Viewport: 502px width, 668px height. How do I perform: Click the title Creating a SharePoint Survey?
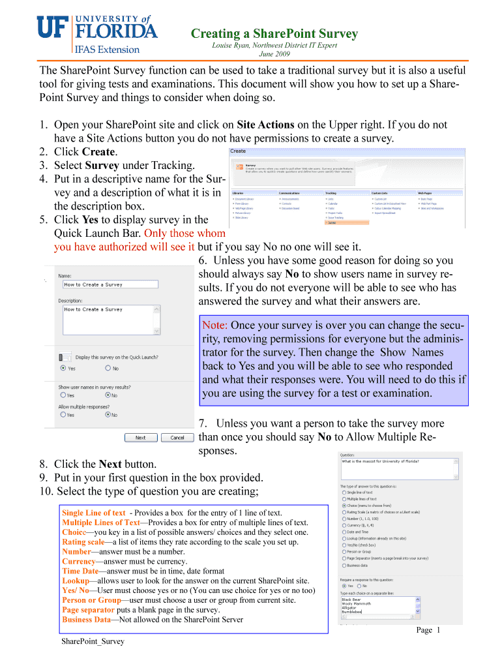pyautogui.click(x=274, y=33)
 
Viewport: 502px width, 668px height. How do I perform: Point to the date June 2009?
pyautogui.click(x=274, y=54)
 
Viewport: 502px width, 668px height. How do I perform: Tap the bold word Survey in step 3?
pyautogui.click(x=104, y=166)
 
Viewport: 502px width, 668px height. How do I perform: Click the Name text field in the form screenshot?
pyautogui.click(x=110, y=284)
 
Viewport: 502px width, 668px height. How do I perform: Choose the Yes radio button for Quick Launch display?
pyautogui.click(x=63, y=368)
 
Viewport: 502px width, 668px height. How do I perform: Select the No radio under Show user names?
pyautogui.click(x=108, y=395)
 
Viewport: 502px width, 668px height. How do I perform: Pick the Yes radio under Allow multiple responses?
pyautogui.click(x=63, y=414)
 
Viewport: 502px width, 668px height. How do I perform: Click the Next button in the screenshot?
pyautogui.click(x=140, y=438)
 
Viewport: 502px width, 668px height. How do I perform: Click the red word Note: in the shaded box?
pyautogui.click(x=215, y=326)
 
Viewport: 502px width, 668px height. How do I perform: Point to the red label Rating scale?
pyautogui.click(x=82, y=541)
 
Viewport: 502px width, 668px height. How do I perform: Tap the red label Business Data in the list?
pyautogui.click(x=86, y=620)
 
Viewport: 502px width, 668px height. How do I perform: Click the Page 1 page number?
pyautogui.click(x=429, y=630)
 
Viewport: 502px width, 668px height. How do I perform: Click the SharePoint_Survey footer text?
pyautogui.click(x=93, y=642)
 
